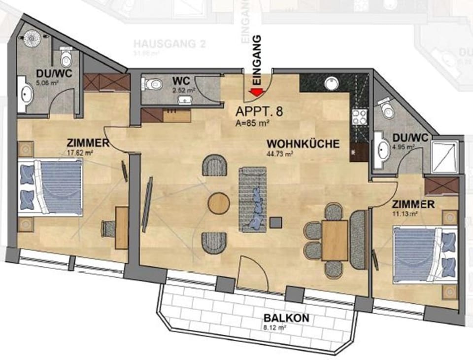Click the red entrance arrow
(257, 92)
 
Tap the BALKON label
(286, 318)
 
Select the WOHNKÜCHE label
(303, 144)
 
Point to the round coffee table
(218, 203)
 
